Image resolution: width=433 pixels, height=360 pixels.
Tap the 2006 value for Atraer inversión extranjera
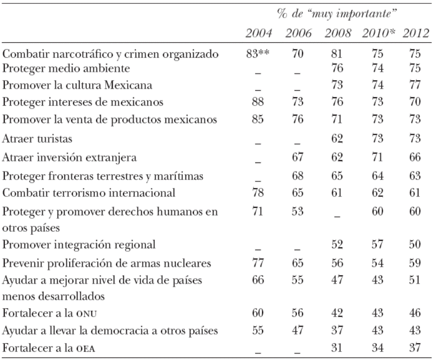coord(297,159)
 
